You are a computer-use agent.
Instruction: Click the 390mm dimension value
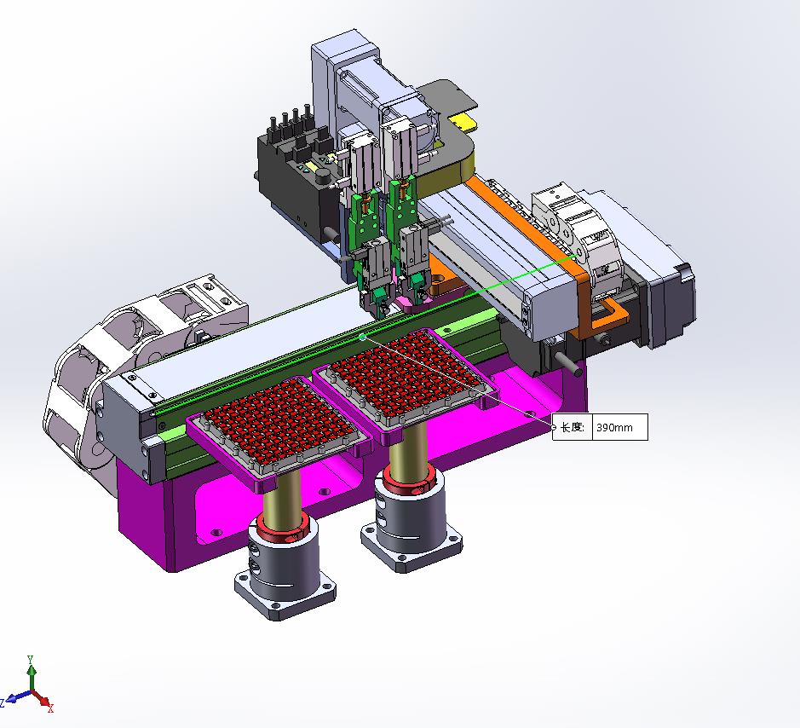click(614, 427)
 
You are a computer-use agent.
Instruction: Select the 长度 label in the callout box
click(572, 427)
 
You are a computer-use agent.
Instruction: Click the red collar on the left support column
click(283, 526)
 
